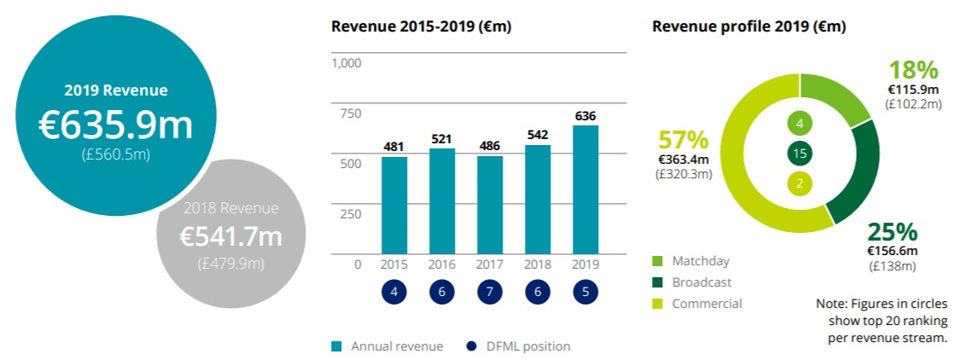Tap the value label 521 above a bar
click(x=442, y=138)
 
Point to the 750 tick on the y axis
click(x=349, y=113)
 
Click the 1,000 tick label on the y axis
click(x=346, y=63)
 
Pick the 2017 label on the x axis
click(x=490, y=264)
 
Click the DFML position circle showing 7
click(x=490, y=291)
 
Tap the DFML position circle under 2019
click(x=585, y=291)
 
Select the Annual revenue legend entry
click(x=388, y=346)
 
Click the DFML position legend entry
click(x=520, y=346)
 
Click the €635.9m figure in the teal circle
click(x=116, y=125)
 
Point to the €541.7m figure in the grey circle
click(x=230, y=236)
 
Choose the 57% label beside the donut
click(x=683, y=140)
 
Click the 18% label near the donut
click(x=913, y=70)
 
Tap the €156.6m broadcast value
click(x=892, y=251)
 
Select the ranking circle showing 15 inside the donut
click(x=800, y=154)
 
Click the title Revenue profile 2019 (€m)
click(x=749, y=26)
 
